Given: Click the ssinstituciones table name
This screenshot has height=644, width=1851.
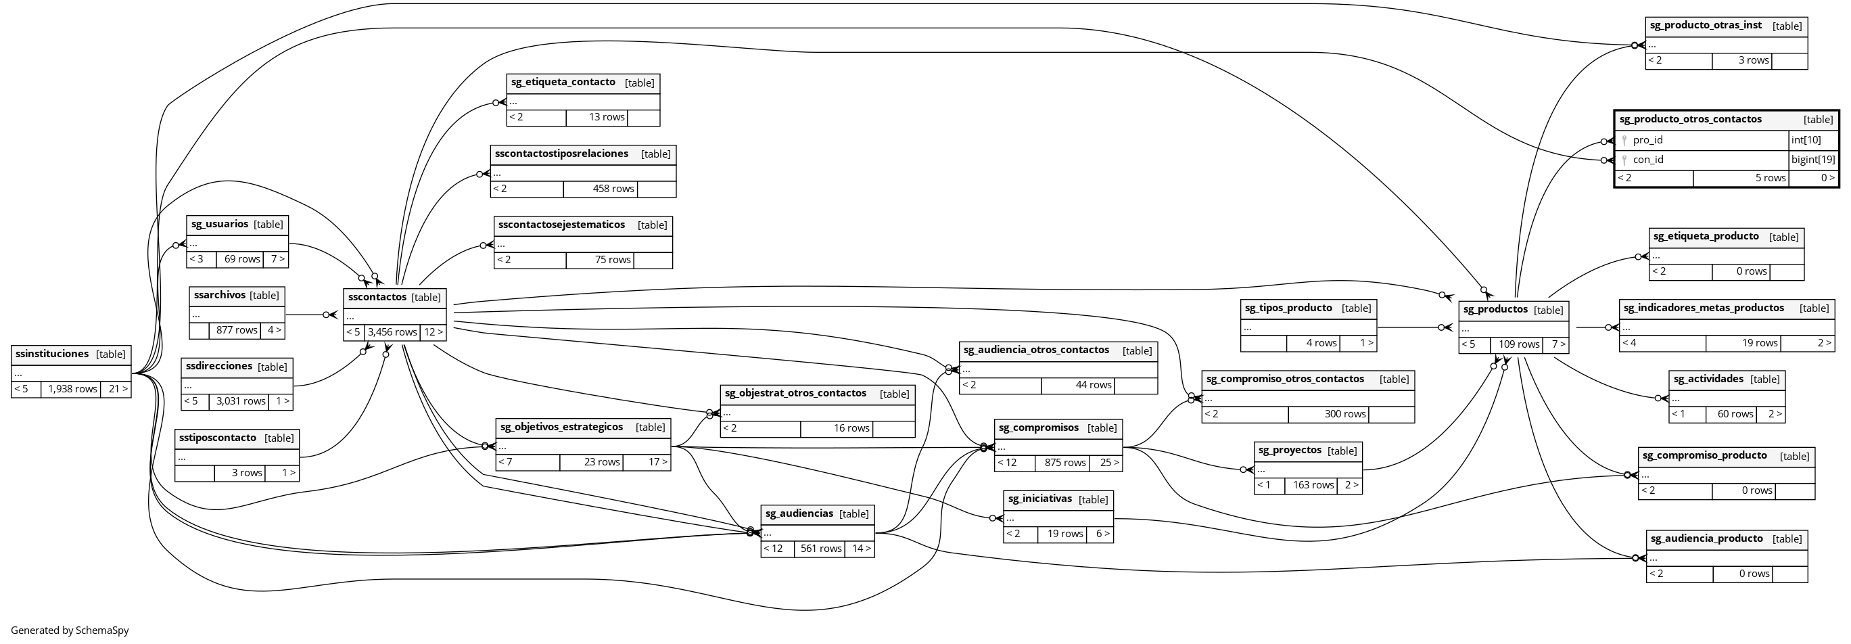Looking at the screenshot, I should click(51, 354).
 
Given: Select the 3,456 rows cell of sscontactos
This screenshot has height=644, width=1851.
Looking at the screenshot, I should click(392, 332).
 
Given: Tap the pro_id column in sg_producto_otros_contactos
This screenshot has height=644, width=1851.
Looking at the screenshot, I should click(1647, 140).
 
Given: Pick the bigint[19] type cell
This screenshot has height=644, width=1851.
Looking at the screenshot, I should click(1813, 160).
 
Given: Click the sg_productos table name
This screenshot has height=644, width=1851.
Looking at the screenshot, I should click(1495, 309).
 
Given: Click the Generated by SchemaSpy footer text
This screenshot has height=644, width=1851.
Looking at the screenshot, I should click(70, 630).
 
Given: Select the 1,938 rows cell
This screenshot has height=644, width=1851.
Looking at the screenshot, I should click(72, 389).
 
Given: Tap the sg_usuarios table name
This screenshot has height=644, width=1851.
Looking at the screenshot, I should click(220, 223).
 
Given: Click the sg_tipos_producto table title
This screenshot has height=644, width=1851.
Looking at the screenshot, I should click(1288, 308).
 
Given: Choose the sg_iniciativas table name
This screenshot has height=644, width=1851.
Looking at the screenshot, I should click(1039, 499).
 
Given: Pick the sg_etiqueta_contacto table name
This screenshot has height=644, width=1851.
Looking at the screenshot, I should click(563, 82).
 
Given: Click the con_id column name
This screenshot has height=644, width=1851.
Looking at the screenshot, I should click(1647, 160).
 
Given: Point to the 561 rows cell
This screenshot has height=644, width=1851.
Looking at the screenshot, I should click(820, 549).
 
